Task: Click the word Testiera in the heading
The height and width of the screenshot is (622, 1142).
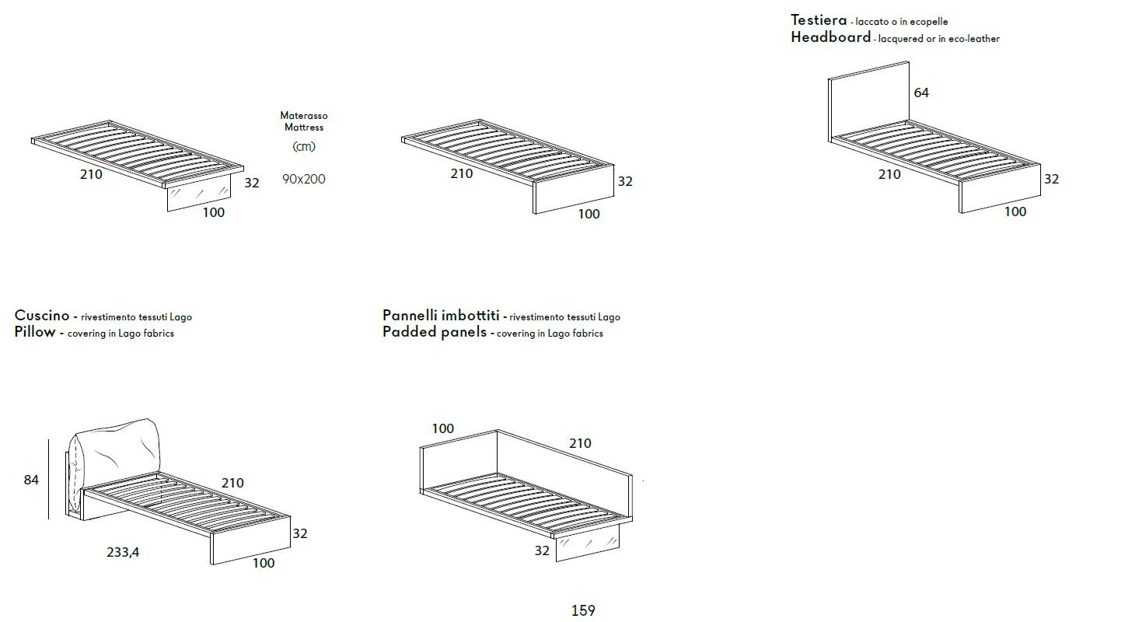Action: coord(819,20)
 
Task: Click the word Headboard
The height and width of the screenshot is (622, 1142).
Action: coord(830,37)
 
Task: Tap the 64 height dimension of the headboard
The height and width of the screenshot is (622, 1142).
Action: coord(921,93)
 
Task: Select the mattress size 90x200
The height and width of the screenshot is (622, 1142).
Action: coord(304,179)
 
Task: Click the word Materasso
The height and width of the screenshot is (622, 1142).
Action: coord(304,115)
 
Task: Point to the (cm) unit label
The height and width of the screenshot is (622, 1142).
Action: coord(304,146)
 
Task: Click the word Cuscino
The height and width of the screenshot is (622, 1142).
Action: coord(42,315)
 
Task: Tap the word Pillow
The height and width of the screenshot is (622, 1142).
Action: coord(35,332)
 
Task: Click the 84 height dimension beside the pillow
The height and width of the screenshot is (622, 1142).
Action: coord(31,479)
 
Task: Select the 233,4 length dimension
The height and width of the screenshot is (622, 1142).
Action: coord(123,552)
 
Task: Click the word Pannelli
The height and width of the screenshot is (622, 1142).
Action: coord(410,315)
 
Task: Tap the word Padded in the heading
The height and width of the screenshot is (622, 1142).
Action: coord(406,332)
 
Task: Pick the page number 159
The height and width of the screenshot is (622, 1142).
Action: coord(583,610)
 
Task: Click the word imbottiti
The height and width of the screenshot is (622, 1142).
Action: coord(470,315)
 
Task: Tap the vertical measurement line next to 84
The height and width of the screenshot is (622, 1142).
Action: coord(49,479)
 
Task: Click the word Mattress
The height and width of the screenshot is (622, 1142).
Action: coord(304,127)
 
